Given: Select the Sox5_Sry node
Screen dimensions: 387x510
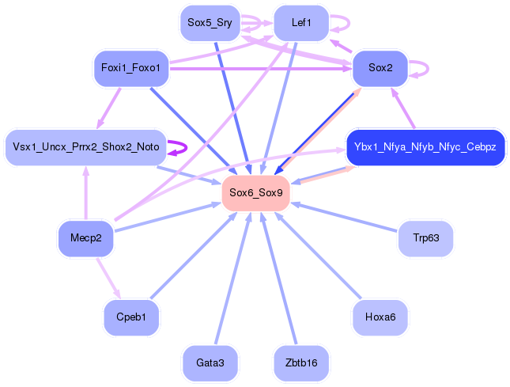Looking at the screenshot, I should [x=209, y=23].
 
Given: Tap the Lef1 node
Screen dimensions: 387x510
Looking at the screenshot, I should [x=301, y=23].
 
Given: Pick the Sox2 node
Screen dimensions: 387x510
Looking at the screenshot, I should [x=380, y=68].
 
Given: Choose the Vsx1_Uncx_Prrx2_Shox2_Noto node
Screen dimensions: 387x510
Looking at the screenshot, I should [x=85, y=147].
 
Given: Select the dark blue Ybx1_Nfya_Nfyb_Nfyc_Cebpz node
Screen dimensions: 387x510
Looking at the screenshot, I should [x=425, y=147].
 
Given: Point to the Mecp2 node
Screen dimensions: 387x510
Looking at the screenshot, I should [x=85, y=238].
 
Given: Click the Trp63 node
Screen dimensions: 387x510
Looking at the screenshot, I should [x=425, y=238].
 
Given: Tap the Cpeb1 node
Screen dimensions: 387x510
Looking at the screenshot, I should [x=131, y=317].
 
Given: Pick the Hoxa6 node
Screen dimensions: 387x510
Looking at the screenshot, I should [x=380, y=317].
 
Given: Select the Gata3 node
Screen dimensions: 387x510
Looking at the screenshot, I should [x=210, y=362].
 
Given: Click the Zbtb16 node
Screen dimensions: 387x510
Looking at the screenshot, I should [x=301, y=362].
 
